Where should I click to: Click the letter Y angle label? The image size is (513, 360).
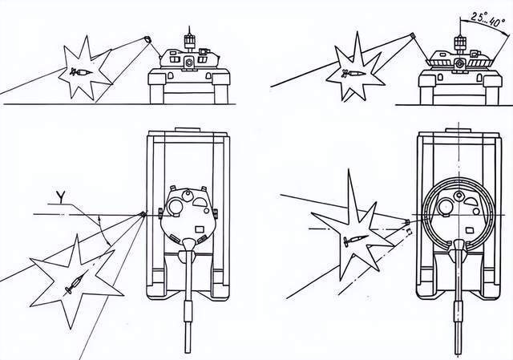61,197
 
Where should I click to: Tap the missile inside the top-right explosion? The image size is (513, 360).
353,73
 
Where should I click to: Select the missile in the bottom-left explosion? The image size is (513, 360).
75,283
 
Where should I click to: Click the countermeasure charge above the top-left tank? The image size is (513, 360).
147,39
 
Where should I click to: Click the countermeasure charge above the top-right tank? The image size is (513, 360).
413,35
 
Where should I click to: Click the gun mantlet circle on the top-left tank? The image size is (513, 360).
189,63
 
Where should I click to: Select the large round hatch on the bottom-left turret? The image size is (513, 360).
176,207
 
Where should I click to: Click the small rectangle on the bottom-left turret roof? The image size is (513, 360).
199,229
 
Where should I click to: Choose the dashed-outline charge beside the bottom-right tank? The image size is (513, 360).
409,232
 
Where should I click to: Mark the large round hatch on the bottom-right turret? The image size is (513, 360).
446,207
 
